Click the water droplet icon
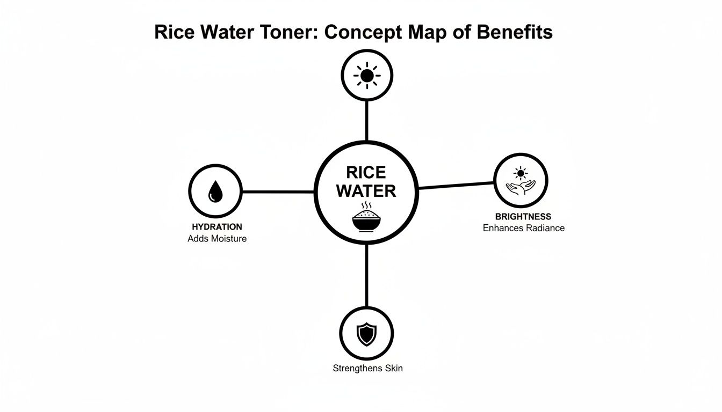click(x=215, y=191)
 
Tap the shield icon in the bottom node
click(x=367, y=334)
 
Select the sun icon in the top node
click(x=367, y=76)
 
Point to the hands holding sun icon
click(x=521, y=181)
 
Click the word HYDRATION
click(x=216, y=227)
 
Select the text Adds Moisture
click(x=217, y=239)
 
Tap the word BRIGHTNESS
click(x=523, y=217)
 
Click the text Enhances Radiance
click(x=523, y=228)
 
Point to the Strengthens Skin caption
click(x=367, y=369)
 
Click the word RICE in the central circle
click(x=366, y=172)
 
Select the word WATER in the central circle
click(x=366, y=190)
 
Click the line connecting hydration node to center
click(x=278, y=192)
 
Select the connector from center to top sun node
click(x=367, y=121)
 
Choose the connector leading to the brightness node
click(x=456, y=185)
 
